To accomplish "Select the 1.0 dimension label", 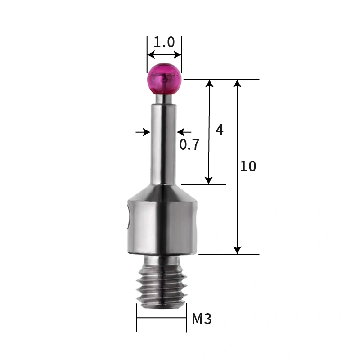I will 164,43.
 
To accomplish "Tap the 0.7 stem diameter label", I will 189,145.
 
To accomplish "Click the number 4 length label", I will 219,130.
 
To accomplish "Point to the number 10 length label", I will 247,166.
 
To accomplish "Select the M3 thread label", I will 201,319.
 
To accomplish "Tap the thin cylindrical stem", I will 163,144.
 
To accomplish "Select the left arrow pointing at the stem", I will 145,132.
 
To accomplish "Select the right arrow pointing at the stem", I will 181,132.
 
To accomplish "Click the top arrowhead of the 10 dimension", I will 238,84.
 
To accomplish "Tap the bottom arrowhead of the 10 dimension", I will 238,250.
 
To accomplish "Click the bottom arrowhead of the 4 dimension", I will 209,180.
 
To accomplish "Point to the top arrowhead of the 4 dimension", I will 209,84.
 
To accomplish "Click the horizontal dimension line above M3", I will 162,318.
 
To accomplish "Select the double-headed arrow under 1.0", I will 164,55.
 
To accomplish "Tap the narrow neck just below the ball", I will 164,98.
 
